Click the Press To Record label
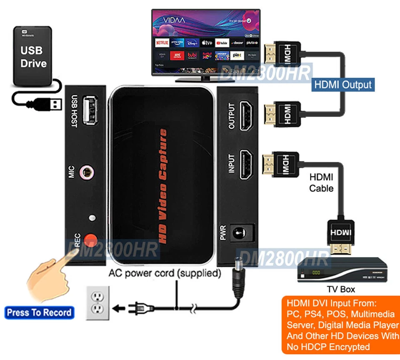(39, 312)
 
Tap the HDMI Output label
(342, 85)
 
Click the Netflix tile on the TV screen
(162, 42)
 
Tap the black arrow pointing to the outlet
(120, 308)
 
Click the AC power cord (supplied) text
(165, 274)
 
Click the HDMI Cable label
(321, 182)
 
